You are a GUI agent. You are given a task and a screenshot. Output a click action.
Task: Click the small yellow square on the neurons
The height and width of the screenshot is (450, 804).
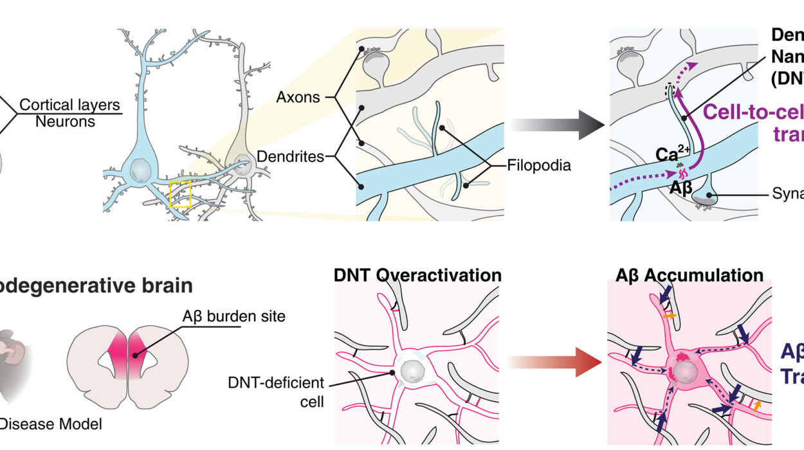pos(180,195)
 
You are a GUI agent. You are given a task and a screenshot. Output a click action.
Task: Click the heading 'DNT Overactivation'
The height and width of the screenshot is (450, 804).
pos(417,275)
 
